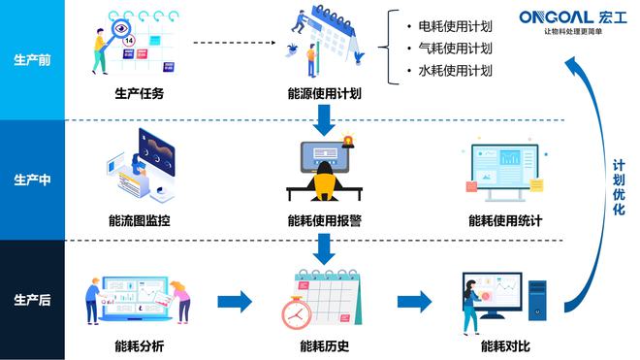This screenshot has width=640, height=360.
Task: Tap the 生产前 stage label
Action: pyautogui.click(x=32, y=60)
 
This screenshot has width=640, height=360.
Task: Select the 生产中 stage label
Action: pyautogui.click(x=32, y=180)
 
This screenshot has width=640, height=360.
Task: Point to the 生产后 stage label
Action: pyautogui.click(x=32, y=301)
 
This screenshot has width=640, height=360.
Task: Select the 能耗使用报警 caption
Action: pyautogui.click(x=324, y=220)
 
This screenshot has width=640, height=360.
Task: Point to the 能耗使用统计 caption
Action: pyautogui.click(x=504, y=220)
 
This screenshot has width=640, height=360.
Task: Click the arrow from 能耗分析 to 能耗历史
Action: pyautogui.click(x=233, y=301)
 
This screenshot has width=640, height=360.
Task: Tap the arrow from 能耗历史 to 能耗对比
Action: pyautogui.click(x=415, y=301)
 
